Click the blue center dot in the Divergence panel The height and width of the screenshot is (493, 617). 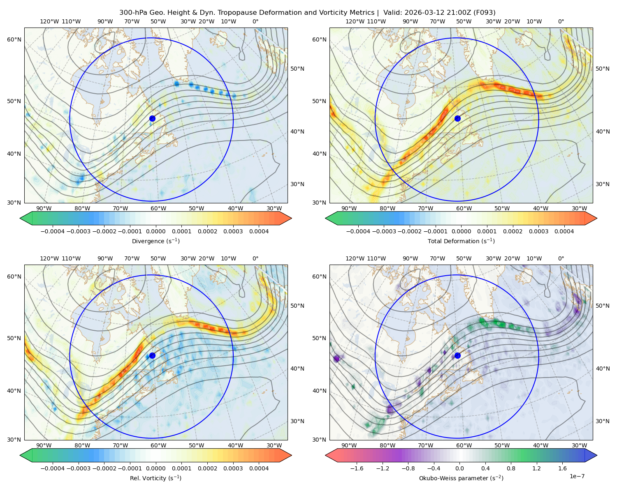(152, 119)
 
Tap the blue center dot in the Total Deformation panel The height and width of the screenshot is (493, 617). (457, 119)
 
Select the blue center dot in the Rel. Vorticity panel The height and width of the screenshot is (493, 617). (152, 355)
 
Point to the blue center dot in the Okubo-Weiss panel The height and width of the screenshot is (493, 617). (457, 355)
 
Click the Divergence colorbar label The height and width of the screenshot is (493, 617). (155, 241)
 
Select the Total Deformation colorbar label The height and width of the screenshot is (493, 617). (461, 241)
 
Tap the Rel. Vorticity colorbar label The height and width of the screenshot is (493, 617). (155, 478)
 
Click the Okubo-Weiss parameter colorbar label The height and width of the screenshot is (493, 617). (461, 478)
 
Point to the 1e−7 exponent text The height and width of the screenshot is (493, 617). (577, 476)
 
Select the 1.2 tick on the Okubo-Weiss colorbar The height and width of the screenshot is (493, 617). (536, 468)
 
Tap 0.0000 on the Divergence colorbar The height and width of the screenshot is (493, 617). (155, 231)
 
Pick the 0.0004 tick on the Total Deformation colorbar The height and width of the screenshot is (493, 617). (564, 231)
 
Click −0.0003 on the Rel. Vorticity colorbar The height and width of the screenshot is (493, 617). (78, 468)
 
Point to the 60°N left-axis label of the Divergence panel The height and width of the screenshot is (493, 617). (14, 39)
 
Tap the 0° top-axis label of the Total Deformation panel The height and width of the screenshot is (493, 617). (561, 21)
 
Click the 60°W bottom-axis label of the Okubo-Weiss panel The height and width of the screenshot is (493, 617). (464, 445)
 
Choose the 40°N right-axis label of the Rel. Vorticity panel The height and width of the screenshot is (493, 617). (297, 369)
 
